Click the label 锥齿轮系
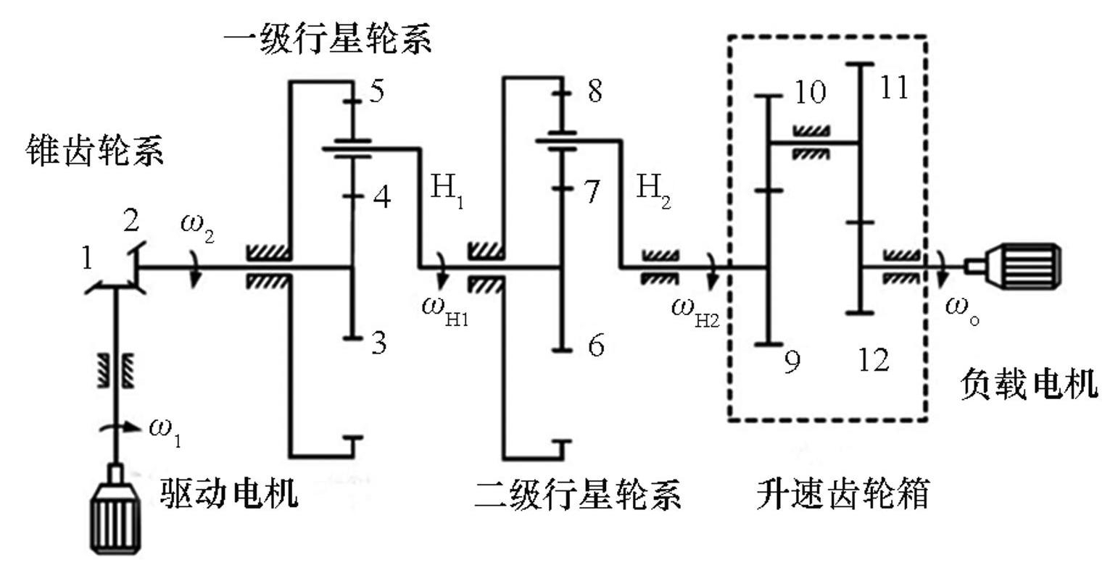click(95, 151)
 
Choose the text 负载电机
click(1029, 383)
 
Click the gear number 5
click(377, 92)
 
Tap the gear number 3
click(378, 344)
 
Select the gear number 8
click(595, 92)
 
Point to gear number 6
click(595, 346)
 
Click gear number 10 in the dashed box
click(810, 92)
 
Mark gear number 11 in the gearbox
click(893, 88)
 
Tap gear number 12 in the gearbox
click(873, 359)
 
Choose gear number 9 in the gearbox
click(792, 361)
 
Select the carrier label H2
click(653, 190)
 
